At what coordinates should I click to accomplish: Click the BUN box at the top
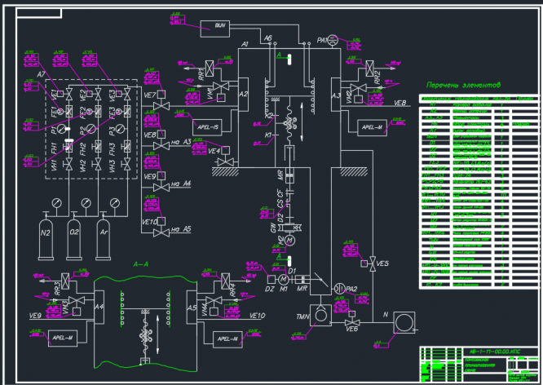[219, 25]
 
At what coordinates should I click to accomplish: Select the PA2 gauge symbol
[340, 288]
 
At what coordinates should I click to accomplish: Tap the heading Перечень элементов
[463, 85]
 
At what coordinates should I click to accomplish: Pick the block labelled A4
[99, 308]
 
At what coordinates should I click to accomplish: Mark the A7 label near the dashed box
[42, 74]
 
